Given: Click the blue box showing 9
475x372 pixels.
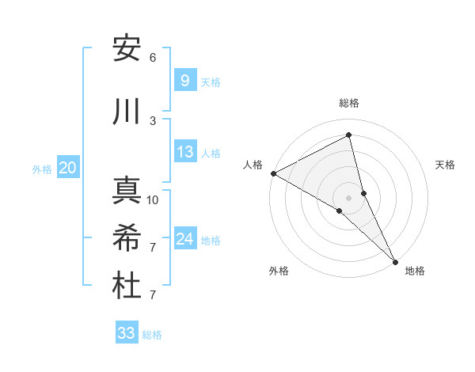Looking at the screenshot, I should pos(184,80).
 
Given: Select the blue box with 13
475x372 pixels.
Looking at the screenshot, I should pos(184,152).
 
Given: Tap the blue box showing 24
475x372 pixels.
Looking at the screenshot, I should pos(184,239).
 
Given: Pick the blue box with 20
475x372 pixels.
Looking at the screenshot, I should pos(67,168).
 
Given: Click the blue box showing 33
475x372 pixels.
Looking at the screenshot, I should pos(127,333).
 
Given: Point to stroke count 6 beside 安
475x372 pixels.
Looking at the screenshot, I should pos(153,58).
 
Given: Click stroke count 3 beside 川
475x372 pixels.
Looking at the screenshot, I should pos(153,121).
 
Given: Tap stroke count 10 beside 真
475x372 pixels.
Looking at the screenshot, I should pos(153,200).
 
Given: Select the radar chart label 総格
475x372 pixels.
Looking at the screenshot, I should pos(349,103).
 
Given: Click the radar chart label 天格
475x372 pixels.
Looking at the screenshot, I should pos(446,165).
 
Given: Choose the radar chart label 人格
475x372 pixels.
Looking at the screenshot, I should pos(253,165).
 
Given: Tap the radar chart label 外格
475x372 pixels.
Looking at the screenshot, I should pos(279,271).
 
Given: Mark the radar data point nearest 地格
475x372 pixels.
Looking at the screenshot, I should pos(395,260).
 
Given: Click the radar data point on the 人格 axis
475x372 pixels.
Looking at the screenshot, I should pos(273,173).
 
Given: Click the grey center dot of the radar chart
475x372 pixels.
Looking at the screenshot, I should pos(349,198).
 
